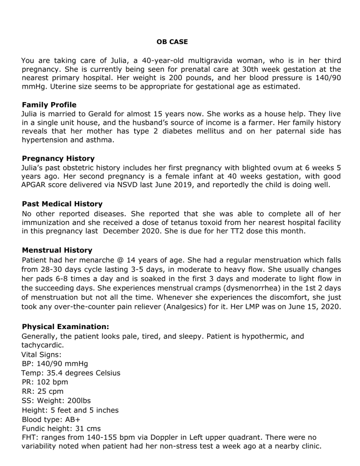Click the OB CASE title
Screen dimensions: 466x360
click(x=172, y=42)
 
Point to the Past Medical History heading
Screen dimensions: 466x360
click(x=62, y=204)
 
